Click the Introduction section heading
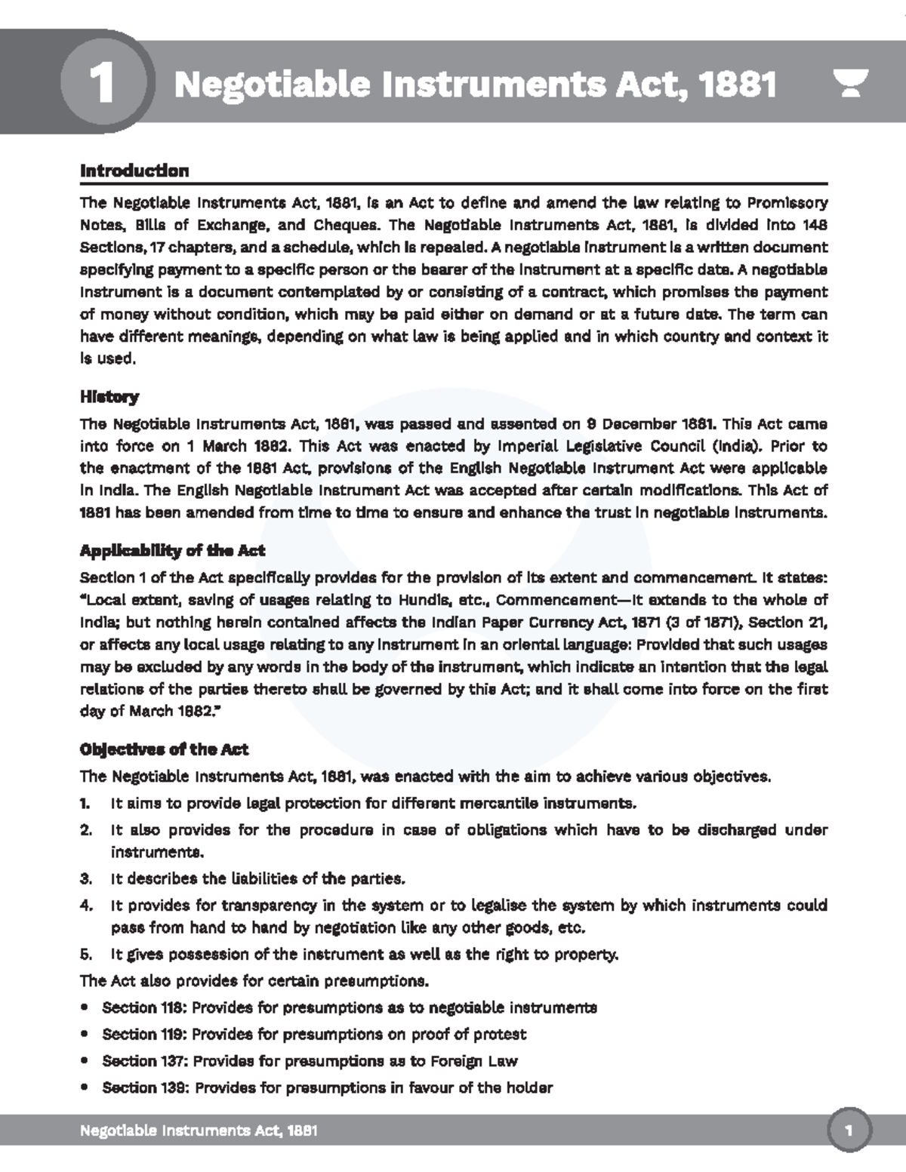pyautogui.click(x=134, y=171)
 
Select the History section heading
pyautogui.click(x=109, y=396)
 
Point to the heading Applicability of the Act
pyautogui.click(x=172, y=550)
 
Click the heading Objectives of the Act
pyautogui.click(x=164, y=749)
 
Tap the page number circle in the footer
pyautogui.click(x=849, y=1130)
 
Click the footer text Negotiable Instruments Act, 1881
pyautogui.click(x=199, y=1130)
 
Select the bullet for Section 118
pyautogui.click(x=85, y=1007)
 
